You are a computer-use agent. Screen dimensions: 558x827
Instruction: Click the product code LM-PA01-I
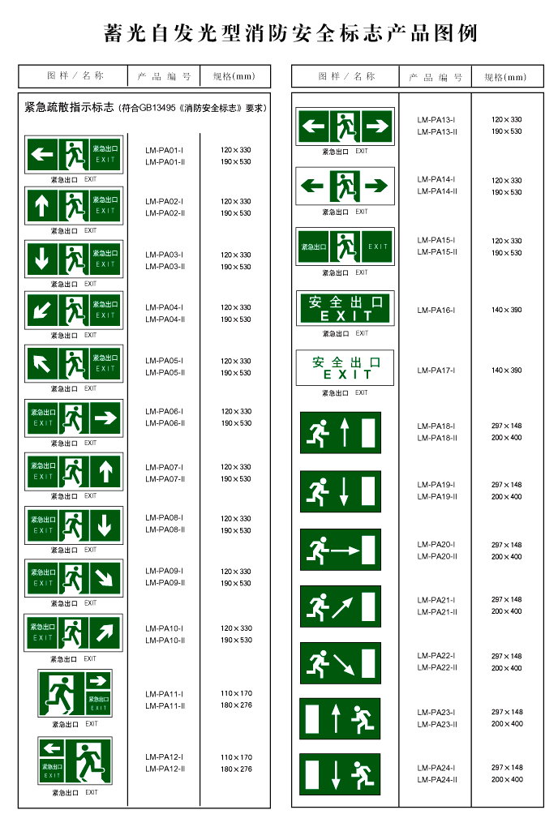tap(164, 150)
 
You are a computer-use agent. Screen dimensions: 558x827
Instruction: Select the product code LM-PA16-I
tap(436, 310)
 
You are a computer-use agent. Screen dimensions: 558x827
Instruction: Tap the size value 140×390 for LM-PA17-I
tap(506, 371)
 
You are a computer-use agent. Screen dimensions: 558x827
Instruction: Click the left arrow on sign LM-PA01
tap(41, 155)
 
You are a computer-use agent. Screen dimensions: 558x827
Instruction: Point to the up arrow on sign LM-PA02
tap(41, 206)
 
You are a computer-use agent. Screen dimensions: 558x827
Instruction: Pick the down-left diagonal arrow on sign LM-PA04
tap(41, 311)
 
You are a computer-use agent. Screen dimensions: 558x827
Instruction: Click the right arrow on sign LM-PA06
tap(105, 418)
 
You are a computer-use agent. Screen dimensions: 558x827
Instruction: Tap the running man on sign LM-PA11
tap(61, 692)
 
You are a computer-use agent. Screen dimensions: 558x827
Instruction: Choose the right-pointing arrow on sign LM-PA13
tap(377, 126)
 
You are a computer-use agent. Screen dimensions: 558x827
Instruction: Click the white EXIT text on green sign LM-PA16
tap(346, 316)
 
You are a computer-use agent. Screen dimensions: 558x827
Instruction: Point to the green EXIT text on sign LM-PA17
tap(347, 375)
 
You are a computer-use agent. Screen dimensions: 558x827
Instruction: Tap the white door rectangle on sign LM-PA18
tap(368, 432)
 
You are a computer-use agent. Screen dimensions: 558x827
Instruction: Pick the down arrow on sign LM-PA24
tap(336, 775)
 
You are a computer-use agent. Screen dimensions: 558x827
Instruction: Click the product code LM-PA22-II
tap(436, 668)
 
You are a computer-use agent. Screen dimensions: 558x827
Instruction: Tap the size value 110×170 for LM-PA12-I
tap(236, 757)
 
